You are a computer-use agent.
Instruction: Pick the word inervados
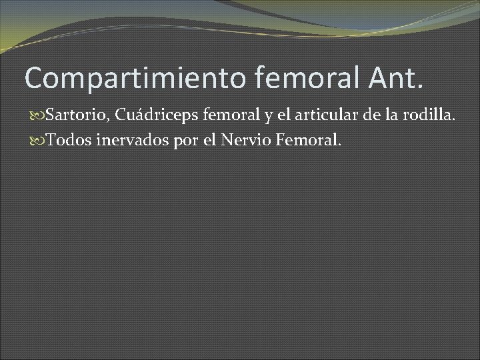tap(123, 139)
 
